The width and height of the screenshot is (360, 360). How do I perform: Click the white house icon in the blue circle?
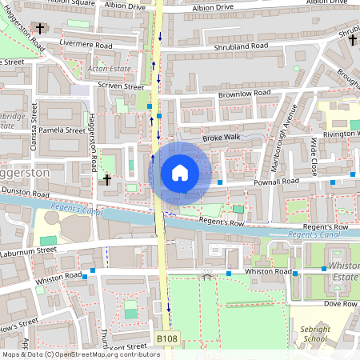pyautogui.click(x=180, y=173)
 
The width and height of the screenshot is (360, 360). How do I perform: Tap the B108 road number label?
pyautogui.click(x=167, y=340)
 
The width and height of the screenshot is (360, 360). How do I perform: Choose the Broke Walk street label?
pyautogui.click(x=222, y=138)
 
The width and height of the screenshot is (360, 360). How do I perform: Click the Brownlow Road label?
pyautogui.click(x=247, y=94)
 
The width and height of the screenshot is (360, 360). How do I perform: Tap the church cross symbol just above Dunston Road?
pyautogui.click(x=106, y=180)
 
